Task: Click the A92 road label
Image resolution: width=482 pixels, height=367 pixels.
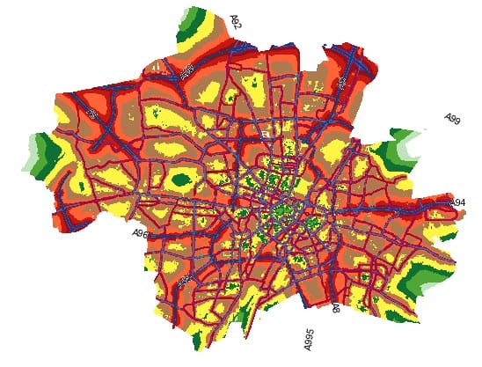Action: (235, 21)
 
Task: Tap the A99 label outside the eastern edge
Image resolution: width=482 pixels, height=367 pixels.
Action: (452, 119)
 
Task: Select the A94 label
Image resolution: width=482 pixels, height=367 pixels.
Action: (457, 203)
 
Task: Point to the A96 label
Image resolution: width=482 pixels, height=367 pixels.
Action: (140, 234)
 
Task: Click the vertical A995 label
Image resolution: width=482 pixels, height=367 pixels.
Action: (309, 339)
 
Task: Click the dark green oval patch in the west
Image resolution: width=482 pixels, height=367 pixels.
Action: (182, 180)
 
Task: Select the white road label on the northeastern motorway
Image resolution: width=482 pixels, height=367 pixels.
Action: (342, 82)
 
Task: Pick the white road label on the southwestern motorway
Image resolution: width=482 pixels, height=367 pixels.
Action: (183, 280)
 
